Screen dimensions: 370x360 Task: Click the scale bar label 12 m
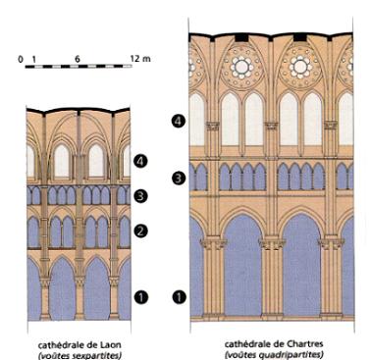point(140,59)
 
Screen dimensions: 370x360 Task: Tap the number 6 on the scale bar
point(78,59)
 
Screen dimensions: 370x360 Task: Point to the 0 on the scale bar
point(21,59)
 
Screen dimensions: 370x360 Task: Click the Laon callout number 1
point(141,297)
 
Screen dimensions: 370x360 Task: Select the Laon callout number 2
point(141,231)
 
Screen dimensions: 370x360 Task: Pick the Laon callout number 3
point(141,196)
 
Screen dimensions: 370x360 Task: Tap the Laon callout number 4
point(141,161)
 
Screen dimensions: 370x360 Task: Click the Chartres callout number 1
point(179,297)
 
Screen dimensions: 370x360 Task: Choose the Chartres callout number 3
point(179,179)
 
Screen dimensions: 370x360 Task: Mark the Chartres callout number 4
point(179,121)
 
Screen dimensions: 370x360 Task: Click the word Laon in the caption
point(112,345)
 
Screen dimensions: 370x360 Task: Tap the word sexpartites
point(101,355)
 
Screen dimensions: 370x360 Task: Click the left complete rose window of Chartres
point(241,67)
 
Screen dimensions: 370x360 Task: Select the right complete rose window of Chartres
point(300,67)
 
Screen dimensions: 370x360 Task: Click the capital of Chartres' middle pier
point(272,244)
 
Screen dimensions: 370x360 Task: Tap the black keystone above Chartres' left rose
point(242,37)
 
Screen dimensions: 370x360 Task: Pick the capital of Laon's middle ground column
point(79,282)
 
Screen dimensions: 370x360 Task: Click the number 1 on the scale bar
point(34,60)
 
